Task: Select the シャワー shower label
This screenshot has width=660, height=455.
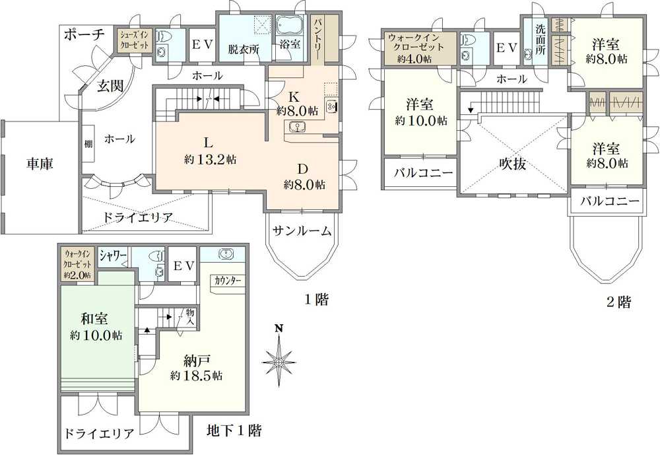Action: pos(113,255)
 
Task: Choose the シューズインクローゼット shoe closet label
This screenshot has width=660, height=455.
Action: pos(135,40)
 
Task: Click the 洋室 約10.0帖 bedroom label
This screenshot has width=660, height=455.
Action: pos(420,112)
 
